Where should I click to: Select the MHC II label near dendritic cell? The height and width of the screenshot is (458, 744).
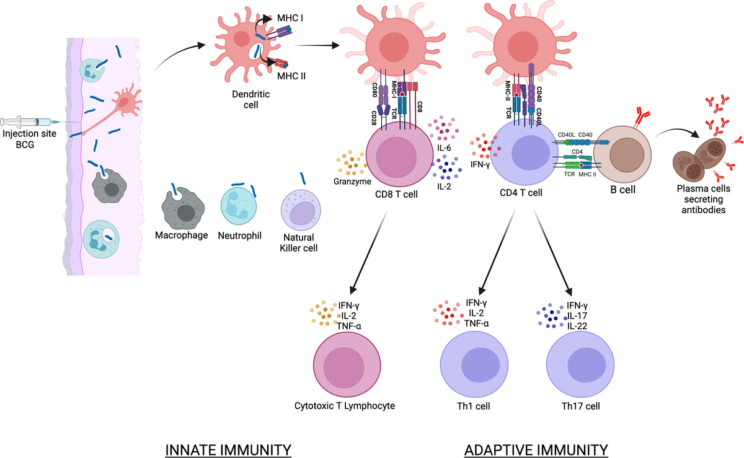tap(290, 77)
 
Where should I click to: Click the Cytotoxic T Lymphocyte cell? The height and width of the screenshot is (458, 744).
tap(346, 368)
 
